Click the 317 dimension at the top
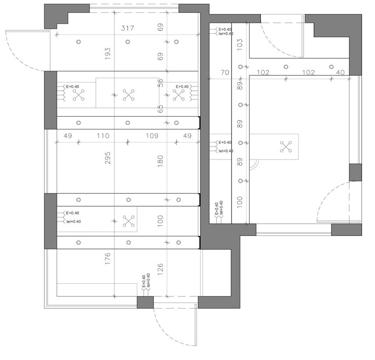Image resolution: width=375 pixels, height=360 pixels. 128,29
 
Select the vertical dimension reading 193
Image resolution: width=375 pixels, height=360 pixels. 107,53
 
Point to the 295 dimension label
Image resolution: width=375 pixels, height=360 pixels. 107,158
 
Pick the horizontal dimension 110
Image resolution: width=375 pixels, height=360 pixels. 103,136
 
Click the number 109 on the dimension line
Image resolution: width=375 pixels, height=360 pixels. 152,136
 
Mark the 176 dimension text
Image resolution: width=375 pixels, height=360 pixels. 107,258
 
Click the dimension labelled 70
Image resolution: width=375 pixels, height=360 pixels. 225,73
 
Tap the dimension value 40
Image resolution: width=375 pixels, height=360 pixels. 340,73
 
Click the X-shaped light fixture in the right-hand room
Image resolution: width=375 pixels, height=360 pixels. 286,147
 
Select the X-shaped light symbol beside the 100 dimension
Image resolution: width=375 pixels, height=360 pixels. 129,221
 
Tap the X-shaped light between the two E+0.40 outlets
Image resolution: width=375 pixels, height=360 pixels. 128,95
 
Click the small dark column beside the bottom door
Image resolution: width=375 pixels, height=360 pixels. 145,302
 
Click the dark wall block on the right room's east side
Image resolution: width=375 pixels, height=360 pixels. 355,172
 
